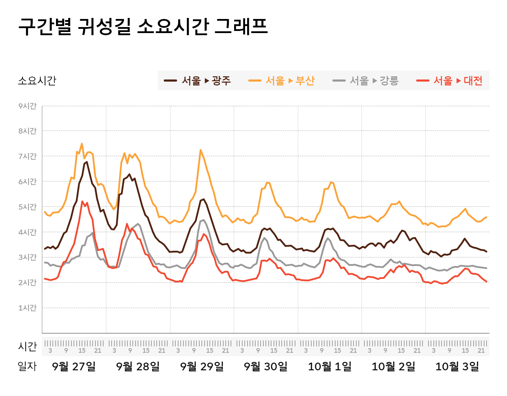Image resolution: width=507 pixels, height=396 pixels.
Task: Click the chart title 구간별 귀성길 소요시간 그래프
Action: coord(143,26)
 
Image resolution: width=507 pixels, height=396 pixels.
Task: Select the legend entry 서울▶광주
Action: coord(198,81)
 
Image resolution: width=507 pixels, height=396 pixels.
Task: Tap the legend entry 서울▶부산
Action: coord(281,81)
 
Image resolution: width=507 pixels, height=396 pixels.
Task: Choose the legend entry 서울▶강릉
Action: coord(365,81)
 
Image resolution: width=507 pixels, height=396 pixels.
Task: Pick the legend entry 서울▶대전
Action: coord(449,81)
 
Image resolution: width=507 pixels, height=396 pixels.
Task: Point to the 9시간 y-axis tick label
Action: coord(27,106)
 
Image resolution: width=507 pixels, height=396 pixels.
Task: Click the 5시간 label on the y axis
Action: coord(27,207)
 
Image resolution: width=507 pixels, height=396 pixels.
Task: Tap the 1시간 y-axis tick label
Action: coord(27,308)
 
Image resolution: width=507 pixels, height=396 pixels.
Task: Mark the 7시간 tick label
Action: coord(27,156)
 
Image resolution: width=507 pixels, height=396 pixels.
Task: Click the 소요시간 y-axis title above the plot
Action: coord(37,81)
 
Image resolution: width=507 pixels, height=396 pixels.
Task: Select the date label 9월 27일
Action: coord(74,366)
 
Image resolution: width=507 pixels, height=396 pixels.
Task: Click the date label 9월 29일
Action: coord(202,366)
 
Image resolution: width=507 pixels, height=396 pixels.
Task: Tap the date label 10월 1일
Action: coord(330,366)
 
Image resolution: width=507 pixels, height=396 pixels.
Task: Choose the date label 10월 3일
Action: coord(457,366)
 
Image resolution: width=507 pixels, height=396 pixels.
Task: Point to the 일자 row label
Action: coord(27,366)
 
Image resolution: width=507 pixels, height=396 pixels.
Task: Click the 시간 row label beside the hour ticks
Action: coord(27,346)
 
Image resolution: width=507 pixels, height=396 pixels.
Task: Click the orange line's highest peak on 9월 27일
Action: coord(82,143)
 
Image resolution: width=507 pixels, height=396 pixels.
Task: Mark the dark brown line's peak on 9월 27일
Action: coord(87,162)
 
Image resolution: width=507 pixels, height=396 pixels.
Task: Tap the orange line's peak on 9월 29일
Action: coord(201,150)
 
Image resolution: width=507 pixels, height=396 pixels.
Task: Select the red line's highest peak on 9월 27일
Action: coord(82,202)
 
